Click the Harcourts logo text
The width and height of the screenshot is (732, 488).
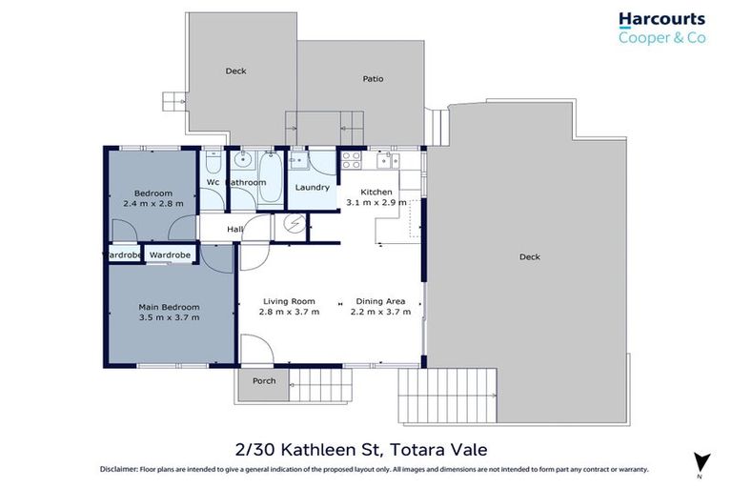pos(661,19)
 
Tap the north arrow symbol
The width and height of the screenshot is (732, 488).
pos(701,460)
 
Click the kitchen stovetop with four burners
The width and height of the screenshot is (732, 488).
pos(351,159)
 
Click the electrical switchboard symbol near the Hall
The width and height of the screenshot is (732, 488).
pos(295,226)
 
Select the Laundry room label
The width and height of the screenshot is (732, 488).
pos(313,187)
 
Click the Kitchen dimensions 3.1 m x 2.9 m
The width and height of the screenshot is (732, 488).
pos(376,203)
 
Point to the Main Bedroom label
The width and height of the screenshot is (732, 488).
pos(169,307)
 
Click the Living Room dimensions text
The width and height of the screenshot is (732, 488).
pos(289,312)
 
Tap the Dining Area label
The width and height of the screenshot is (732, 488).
pos(380,301)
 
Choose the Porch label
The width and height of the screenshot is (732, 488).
pos(264,381)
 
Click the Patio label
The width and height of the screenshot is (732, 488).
pos(373,79)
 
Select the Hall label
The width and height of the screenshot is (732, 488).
pos(234,229)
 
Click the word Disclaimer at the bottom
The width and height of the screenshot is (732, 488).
pos(121,470)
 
